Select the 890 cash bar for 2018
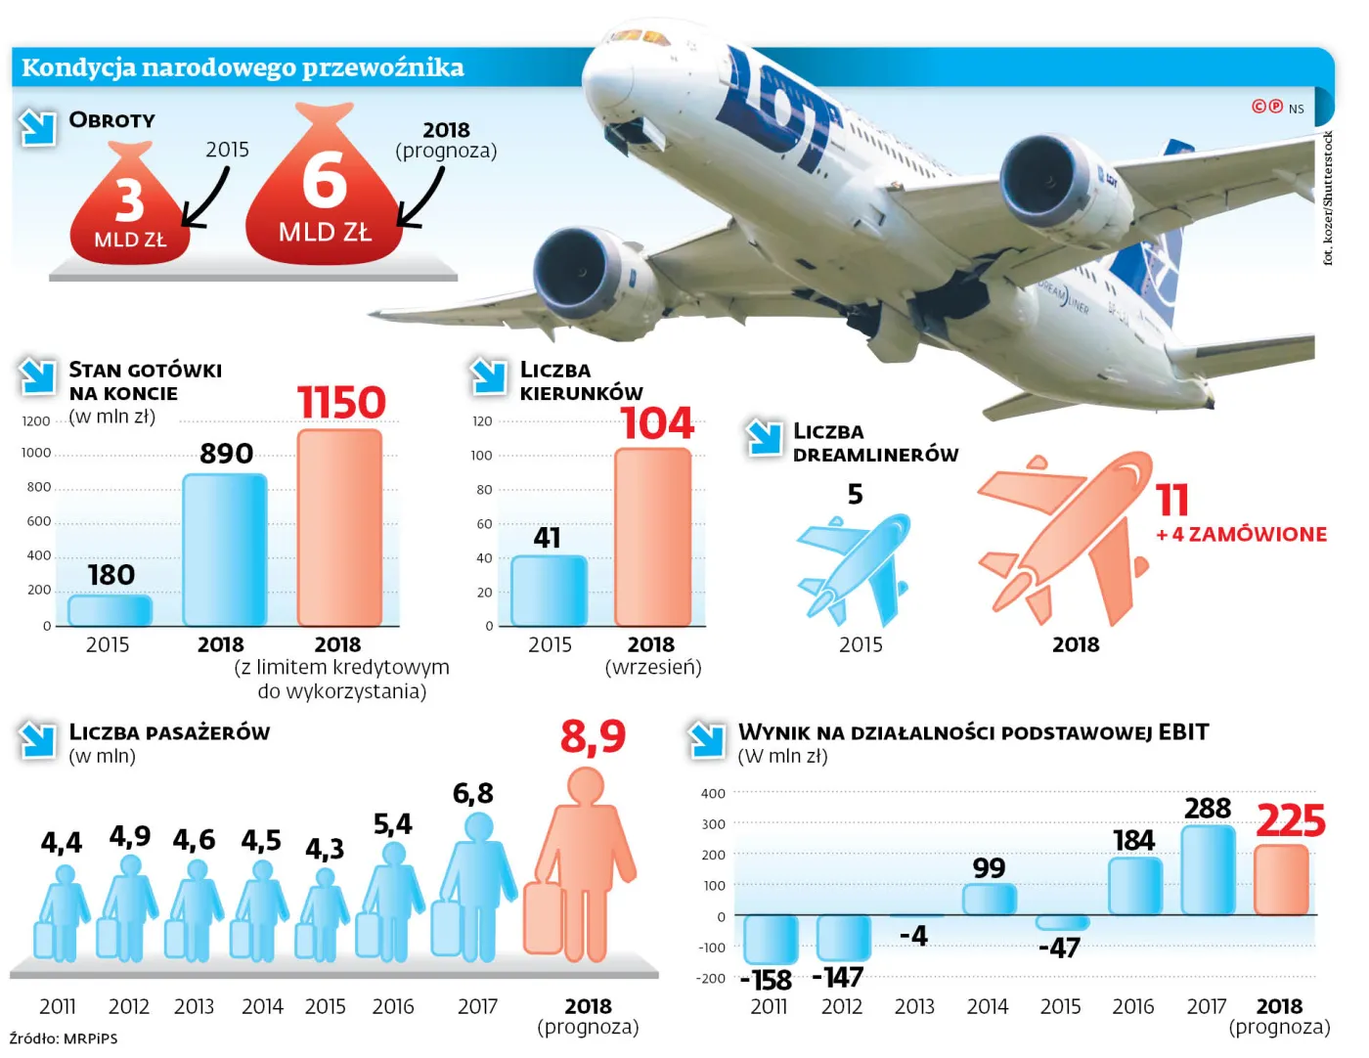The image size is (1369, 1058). pos(225,550)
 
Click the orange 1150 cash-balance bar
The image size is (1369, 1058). pos(339,528)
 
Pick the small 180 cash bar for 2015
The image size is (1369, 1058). pos(110,610)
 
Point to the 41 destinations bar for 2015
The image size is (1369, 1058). pos(549,591)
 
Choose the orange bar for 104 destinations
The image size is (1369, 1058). pos(652,537)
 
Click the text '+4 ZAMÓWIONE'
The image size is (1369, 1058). pos(1242,534)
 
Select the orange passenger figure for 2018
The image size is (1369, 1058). pos(580,866)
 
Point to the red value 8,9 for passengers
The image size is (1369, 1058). pos(593,736)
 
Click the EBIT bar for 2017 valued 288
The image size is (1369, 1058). pos(1208,869)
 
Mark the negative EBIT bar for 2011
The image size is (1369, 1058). pos(771,939)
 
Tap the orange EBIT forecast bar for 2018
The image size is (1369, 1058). pos(1281,880)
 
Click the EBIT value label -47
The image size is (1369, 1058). pos(1060,948)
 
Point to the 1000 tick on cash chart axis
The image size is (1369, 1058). pos(36,453)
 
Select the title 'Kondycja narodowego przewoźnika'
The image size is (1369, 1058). pos(243,67)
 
